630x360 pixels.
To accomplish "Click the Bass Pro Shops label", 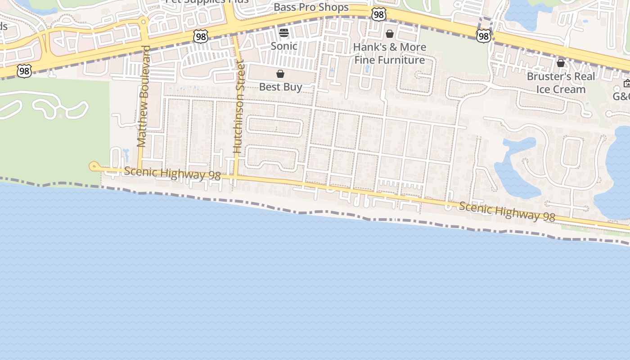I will point(311,8).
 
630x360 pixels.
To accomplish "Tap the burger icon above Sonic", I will point(283,32).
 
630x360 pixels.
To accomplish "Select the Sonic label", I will point(283,46).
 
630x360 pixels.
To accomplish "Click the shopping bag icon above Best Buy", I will point(280,74).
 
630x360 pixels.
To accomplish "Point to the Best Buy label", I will point(280,87).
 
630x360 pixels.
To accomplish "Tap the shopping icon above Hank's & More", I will point(390,34).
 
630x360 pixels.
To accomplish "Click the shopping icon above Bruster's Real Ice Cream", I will point(561,63).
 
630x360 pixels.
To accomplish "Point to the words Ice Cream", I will point(561,89).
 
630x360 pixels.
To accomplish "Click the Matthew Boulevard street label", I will point(143,96).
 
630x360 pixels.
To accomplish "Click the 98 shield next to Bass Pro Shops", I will point(379,14).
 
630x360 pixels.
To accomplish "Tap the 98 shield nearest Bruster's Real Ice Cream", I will point(483,36).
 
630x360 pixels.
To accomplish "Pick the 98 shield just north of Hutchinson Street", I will point(201,36).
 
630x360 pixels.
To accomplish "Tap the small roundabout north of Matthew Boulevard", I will point(144,21).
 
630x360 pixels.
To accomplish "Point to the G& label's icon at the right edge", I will point(627,83).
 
